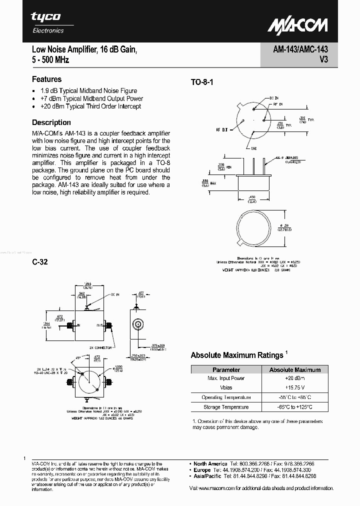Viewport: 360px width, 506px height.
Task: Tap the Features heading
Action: click(46, 79)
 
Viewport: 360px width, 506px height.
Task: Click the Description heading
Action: click(51, 122)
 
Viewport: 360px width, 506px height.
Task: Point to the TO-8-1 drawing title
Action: click(201, 82)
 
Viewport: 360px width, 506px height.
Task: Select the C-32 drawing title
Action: click(39, 262)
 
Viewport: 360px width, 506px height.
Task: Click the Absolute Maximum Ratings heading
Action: click(237, 355)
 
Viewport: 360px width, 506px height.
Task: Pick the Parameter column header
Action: click(226, 370)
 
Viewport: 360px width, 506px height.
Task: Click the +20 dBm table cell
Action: click(294, 378)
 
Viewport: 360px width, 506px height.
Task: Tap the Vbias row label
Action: click(226, 387)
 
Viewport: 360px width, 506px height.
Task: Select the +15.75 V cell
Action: click(294, 387)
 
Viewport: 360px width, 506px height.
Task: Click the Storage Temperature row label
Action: click(226, 407)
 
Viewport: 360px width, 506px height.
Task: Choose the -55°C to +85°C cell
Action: click(294, 397)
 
